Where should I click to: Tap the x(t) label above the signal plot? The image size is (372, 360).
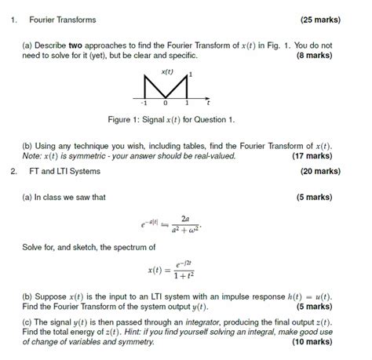point(166,72)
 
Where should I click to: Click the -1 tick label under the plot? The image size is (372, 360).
point(144,103)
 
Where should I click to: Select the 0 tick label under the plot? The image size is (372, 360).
point(166,103)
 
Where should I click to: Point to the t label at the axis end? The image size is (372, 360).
point(208,103)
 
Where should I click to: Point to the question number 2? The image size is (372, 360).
point(14,171)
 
